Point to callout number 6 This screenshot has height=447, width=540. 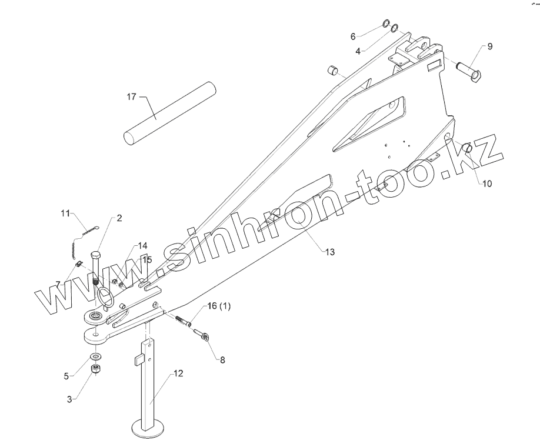353,36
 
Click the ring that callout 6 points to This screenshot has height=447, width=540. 385,24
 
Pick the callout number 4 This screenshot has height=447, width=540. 358,51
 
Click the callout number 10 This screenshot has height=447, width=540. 487,184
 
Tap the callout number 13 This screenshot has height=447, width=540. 330,252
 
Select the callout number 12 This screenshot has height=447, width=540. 178,373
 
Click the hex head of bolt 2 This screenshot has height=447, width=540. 96,256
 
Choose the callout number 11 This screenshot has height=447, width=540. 66,213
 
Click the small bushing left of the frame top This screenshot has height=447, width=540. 332,72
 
